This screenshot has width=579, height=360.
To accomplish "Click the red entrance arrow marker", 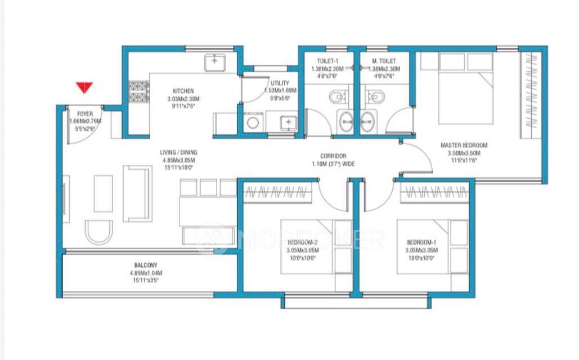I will click(x=85, y=88).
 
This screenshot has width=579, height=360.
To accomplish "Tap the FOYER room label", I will click(x=84, y=114).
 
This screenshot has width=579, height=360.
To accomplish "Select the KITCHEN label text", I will click(x=183, y=91).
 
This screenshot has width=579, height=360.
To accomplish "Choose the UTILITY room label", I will click(x=280, y=83).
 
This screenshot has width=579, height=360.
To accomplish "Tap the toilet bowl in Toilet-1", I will click(x=337, y=98).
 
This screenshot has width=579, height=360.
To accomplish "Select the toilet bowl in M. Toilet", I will click(x=374, y=98).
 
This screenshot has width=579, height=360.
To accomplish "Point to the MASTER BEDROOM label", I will click(x=464, y=145).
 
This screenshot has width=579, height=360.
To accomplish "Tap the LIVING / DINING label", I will click(x=178, y=152).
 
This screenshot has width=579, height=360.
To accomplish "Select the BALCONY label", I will click(x=146, y=265).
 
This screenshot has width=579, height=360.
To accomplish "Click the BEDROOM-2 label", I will click(x=302, y=242).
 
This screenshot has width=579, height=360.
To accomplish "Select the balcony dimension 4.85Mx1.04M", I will click(x=146, y=273).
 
